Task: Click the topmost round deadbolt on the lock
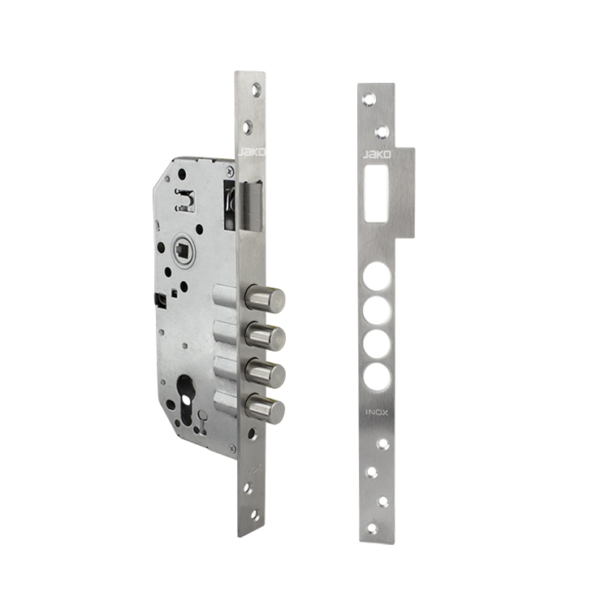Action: pyautogui.click(x=265, y=299)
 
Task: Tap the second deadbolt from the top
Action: pyautogui.click(x=266, y=335)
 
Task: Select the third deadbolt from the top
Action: pyautogui.click(x=266, y=373)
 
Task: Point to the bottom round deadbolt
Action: pyautogui.click(x=265, y=408)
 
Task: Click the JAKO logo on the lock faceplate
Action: pyautogui.click(x=251, y=152)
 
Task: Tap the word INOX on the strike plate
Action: pyautogui.click(x=376, y=412)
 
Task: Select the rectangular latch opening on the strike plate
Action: pyautogui.click(x=376, y=194)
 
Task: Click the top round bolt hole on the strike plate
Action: pyautogui.click(x=376, y=276)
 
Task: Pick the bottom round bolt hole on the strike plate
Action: pyautogui.click(x=376, y=376)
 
